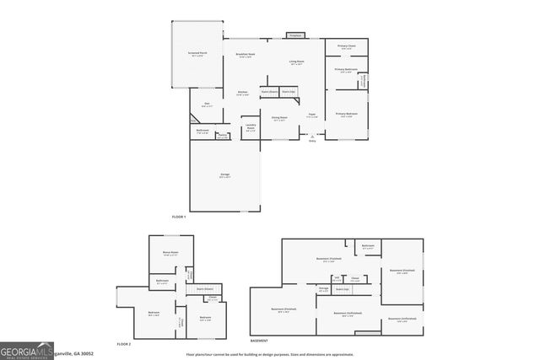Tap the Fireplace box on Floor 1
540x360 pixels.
pyautogui.click(x=294, y=36)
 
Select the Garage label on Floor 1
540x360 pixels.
pyautogui.click(x=224, y=175)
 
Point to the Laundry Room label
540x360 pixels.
pyautogui.click(x=251, y=127)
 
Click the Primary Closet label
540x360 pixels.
pyautogui.click(x=346, y=46)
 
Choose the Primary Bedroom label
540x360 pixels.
pyautogui.click(x=346, y=115)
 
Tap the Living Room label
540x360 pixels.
pyautogui.click(x=297, y=62)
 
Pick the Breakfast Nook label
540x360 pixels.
pyautogui.click(x=246, y=56)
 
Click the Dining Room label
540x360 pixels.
pyautogui.click(x=278, y=119)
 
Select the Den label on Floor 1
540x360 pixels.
pyautogui.click(x=207, y=105)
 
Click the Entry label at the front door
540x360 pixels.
pyautogui.click(x=312, y=141)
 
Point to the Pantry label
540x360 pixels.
pyautogui.click(x=223, y=136)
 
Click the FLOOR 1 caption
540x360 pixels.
pyautogui.click(x=178, y=218)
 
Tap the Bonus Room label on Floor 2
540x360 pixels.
pyautogui.click(x=171, y=253)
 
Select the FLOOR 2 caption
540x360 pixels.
pyautogui.click(x=124, y=344)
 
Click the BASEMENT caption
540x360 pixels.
pyautogui.click(x=259, y=341)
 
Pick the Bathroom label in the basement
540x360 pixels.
pyautogui.click(x=368, y=248)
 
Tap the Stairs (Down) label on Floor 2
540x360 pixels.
pyautogui.click(x=203, y=287)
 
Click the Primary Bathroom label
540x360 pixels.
pyautogui.click(x=346, y=71)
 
